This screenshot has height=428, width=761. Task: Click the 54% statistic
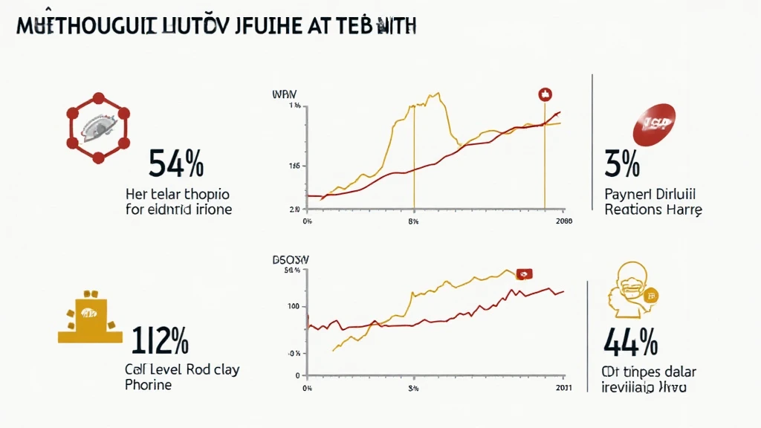176,164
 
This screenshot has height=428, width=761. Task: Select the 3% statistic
622,164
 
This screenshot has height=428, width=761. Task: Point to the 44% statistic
630,342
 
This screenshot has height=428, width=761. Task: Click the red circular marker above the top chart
544,94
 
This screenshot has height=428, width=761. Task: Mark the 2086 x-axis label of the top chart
564,221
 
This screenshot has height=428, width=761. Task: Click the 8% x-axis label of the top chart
414,221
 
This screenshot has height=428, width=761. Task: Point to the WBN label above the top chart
284,95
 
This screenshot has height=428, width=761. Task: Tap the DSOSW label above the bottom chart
291,260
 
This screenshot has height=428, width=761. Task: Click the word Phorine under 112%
149,385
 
